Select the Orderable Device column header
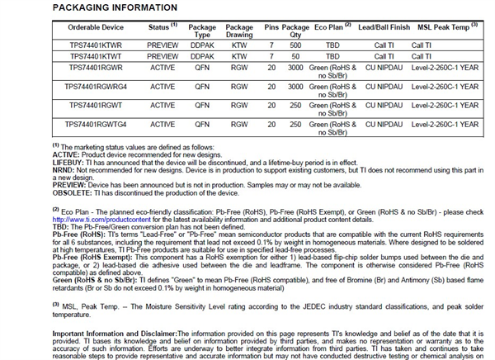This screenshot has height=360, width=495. coord(96,27)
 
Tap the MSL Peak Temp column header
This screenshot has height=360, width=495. coord(445,27)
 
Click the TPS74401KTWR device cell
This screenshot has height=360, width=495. coord(96,45)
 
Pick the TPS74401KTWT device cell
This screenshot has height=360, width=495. coord(96,55)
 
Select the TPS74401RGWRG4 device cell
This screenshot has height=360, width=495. coord(96,86)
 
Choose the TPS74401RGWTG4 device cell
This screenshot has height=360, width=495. coord(96,125)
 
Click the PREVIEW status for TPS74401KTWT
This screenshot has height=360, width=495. coord(163,55)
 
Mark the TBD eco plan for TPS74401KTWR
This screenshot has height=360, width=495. coord(332,45)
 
